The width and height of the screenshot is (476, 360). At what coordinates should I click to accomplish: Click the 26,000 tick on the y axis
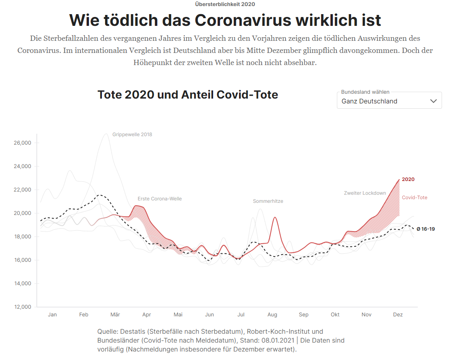tap(23, 143)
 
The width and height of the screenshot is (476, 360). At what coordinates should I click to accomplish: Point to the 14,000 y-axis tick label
tap(23, 284)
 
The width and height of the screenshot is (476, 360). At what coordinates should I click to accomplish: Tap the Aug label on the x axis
tap(272, 315)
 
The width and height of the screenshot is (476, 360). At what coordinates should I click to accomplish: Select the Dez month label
tap(398, 315)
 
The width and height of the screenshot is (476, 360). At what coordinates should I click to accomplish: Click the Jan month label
tap(52, 315)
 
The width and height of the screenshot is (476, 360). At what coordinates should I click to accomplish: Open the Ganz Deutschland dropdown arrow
tap(434, 101)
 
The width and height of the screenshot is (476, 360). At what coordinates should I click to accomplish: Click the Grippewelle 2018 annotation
tap(132, 135)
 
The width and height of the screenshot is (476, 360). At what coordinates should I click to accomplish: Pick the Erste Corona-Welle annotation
tap(159, 199)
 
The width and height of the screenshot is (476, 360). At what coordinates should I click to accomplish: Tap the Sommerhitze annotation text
tap(268, 201)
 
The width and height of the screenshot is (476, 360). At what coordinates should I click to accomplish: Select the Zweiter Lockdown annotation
tap(365, 193)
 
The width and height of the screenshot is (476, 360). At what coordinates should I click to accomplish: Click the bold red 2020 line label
tap(408, 179)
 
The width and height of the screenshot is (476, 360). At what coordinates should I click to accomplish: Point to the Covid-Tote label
tap(415, 198)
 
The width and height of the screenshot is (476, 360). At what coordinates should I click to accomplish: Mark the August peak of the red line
tap(275, 217)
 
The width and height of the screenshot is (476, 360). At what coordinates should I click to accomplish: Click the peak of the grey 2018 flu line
tap(106, 134)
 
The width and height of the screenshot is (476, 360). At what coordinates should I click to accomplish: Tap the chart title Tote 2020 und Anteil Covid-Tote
tap(188, 95)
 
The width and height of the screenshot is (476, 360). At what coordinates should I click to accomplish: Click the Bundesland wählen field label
tap(365, 92)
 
